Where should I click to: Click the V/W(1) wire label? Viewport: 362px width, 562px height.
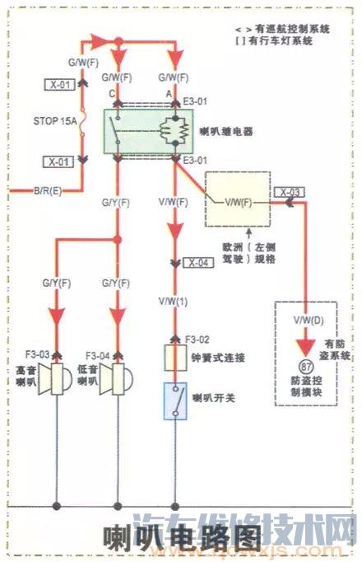point(174,302)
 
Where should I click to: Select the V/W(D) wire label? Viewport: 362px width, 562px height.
point(308,318)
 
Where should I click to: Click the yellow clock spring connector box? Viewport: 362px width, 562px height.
point(174,358)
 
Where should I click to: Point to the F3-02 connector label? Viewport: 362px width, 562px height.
point(198,339)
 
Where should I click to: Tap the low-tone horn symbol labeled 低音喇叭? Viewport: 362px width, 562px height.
point(114,382)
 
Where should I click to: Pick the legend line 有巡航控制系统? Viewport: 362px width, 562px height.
point(287,29)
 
